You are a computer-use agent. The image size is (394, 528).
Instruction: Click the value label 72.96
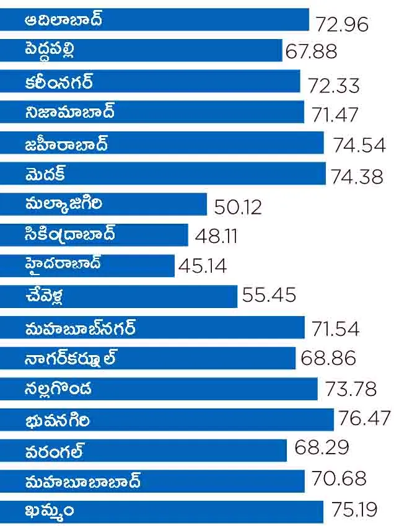pyautogui.click(x=342, y=24)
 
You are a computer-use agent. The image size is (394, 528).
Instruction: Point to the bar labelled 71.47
pyautogui.click(x=152, y=113)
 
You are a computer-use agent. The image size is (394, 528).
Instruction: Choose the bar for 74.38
pyautogui.click(x=162, y=174)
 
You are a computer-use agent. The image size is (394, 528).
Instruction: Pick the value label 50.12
pyautogui.click(x=238, y=206)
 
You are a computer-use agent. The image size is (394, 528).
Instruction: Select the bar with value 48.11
pyautogui.click(x=94, y=235)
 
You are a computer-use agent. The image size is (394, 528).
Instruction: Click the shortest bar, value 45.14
pyautogui.click(x=87, y=265)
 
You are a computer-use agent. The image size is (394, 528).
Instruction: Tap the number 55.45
pyautogui.click(x=269, y=296)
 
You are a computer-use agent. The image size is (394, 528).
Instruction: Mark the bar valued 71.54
pyautogui.click(x=152, y=327)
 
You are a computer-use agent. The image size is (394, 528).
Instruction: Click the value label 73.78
pyautogui.click(x=351, y=389)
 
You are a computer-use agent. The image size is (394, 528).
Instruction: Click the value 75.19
pyautogui.click(x=354, y=510)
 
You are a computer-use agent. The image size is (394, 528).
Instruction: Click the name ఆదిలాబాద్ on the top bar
pyautogui.click(x=64, y=20)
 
